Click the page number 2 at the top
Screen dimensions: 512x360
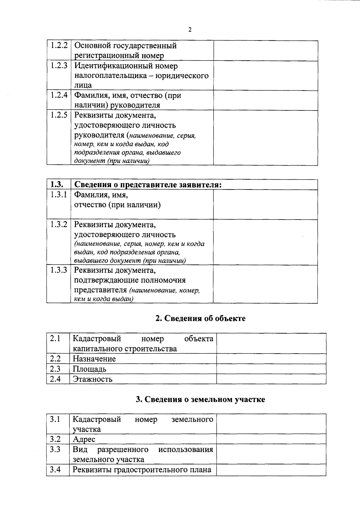190,30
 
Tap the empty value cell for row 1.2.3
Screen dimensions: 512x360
265,76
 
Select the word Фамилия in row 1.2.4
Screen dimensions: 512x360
89,95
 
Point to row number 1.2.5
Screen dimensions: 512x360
58,115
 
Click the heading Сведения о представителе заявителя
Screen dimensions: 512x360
148,185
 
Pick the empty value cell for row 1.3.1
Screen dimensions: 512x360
265,204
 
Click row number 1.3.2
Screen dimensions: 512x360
58,224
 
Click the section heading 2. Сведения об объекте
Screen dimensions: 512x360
200,319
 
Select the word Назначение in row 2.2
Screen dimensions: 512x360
94,359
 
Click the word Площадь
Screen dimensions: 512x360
89,369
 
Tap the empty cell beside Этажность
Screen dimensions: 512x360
271,379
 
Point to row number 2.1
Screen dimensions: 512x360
55,339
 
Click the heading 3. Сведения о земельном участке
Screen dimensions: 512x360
200,400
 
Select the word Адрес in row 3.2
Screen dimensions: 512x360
84,439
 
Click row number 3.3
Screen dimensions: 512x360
55,449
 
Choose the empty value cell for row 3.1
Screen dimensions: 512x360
271,424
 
